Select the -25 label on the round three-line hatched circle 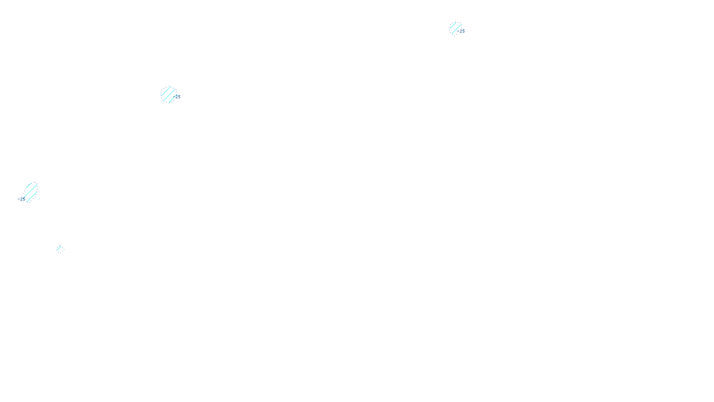(x=177, y=97)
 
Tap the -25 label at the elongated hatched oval (x=21, y=199)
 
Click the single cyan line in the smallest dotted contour (x=60, y=249)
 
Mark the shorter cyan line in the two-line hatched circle (x=453, y=26)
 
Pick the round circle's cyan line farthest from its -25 (x=165, y=91)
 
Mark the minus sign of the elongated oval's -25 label (x=19, y=199)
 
